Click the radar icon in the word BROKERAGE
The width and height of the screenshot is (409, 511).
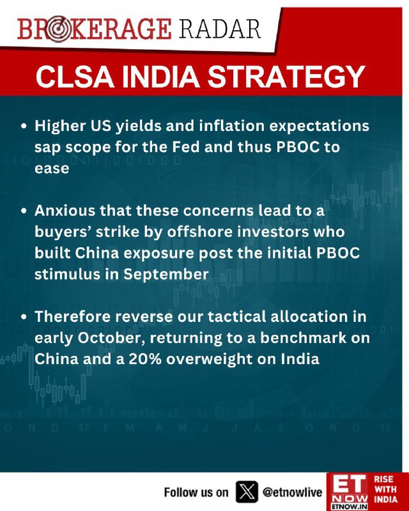point(58,29)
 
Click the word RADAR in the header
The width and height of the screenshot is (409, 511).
point(220,29)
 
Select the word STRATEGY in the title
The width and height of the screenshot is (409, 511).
point(286,77)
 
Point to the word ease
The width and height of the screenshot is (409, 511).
point(52,169)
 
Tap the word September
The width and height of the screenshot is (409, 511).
point(166,275)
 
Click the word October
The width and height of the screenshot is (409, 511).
point(111,339)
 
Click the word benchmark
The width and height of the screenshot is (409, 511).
point(303,338)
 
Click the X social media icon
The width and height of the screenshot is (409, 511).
point(246,492)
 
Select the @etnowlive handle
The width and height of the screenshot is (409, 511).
point(292,492)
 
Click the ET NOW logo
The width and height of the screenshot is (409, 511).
point(348,492)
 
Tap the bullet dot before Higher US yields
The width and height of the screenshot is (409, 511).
point(23,126)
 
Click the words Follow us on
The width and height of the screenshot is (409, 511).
point(196,492)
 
